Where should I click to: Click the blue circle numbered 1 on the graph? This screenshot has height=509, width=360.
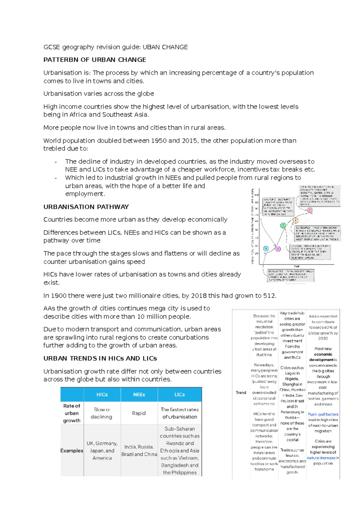click(x=266, y=248)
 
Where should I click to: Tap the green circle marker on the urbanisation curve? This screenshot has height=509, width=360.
click(x=283, y=225)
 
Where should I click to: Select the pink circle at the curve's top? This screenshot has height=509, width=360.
click(x=310, y=210)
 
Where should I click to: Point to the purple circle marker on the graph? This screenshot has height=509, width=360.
click(x=278, y=249)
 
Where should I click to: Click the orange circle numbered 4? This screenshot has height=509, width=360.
click(x=296, y=221)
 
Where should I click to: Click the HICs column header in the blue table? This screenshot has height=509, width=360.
click(x=102, y=395)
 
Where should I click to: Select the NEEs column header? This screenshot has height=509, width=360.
click(x=139, y=395)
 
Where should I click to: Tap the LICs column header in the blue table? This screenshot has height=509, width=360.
click(x=180, y=395)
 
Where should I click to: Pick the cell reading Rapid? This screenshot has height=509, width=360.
click(x=139, y=413)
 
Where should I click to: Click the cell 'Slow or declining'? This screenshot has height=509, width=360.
click(x=102, y=413)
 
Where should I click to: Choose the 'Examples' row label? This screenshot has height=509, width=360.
click(x=72, y=450)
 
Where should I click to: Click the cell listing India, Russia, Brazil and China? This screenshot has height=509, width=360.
click(x=139, y=450)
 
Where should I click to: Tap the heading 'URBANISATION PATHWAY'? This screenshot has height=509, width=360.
click(x=86, y=207)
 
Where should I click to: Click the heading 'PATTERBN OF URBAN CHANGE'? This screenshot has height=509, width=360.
click(x=95, y=60)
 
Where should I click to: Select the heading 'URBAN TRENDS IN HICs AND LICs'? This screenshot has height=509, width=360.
click(x=100, y=358)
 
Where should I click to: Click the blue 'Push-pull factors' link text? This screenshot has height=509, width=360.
click(x=323, y=414)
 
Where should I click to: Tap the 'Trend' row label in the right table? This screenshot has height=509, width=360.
click(x=241, y=393)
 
